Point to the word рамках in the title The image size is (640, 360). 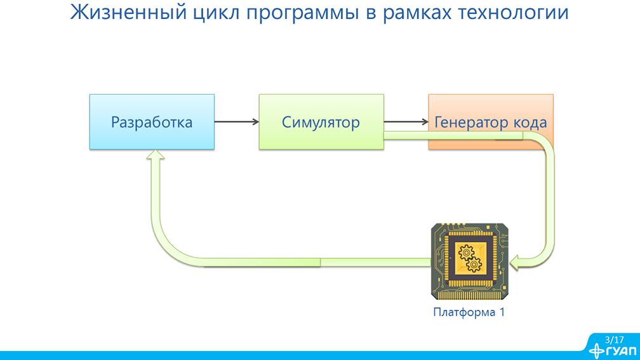click(x=414, y=12)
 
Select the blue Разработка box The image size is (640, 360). click(x=152, y=122)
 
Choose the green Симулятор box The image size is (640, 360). click(x=321, y=122)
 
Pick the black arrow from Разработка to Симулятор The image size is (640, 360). click(x=236, y=122)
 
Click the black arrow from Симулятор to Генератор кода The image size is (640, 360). click(x=406, y=122)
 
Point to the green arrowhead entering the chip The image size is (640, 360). click(x=516, y=261)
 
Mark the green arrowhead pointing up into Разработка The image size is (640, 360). click(x=155, y=156)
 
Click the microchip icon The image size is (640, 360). click(x=470, y=261)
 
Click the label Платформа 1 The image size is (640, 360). click(x=469, y=312)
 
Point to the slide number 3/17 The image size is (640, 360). click(x=614, y=340)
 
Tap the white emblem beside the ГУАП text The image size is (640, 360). click(x=597, y=350)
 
